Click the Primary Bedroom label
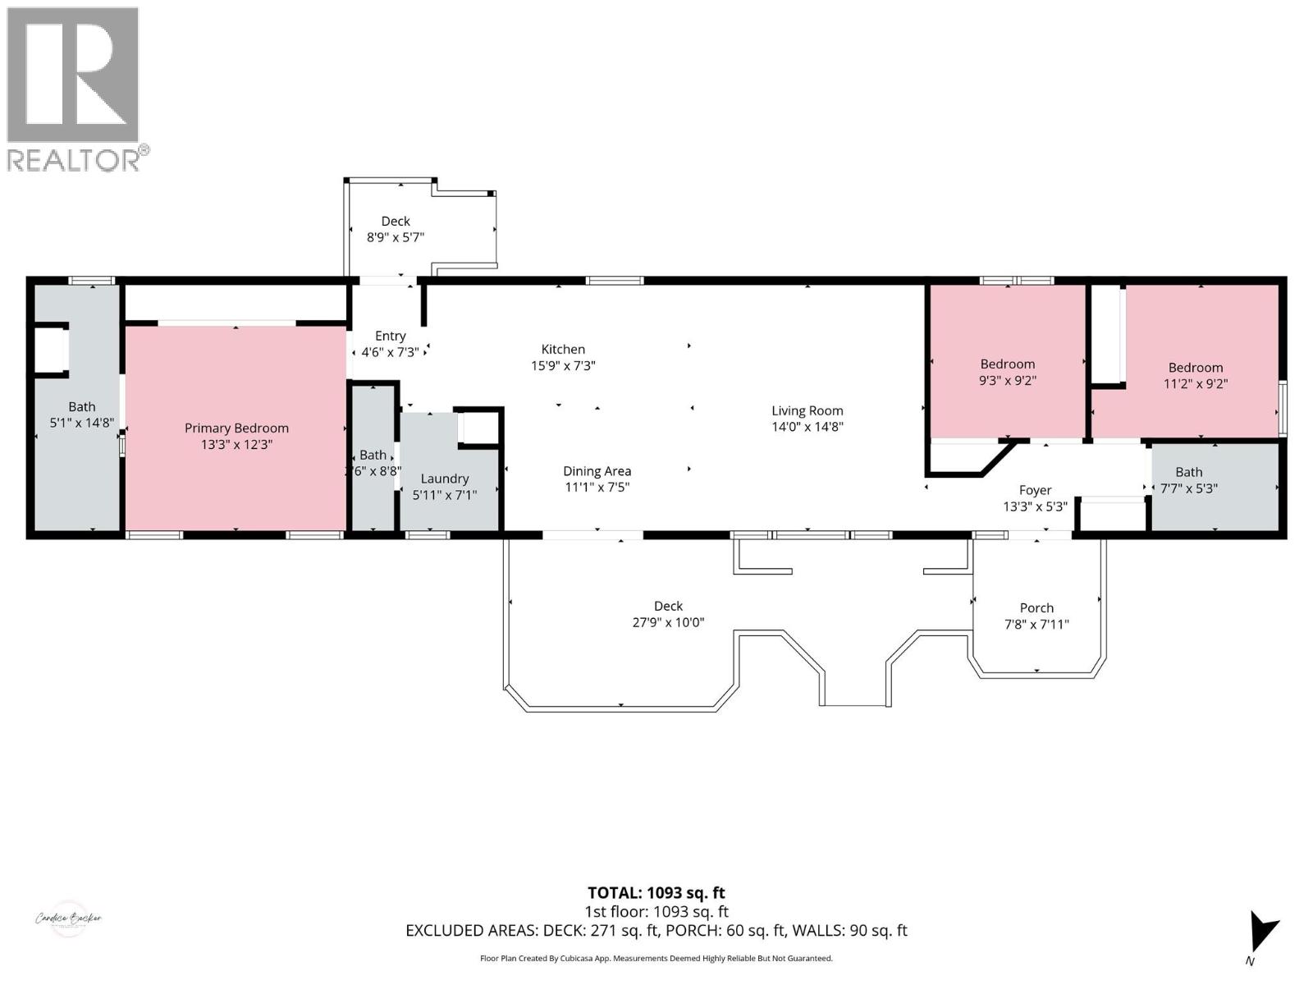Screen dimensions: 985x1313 pos(236,428)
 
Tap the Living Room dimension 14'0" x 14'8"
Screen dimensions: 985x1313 pos(807,427)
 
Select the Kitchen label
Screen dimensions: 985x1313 pos(563,349)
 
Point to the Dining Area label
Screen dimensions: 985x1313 pos(597,471)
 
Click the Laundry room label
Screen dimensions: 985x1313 pos(444,479)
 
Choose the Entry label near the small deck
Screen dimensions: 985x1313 pos(390,336)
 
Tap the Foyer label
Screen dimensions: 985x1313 pos(1035,490)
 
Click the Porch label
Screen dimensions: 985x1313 pos(1036,608)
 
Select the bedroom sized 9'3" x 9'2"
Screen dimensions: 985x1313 pos(1007,372)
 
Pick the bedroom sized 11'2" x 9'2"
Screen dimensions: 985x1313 pos(1196,375)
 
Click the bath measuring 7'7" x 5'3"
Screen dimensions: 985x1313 pos(1188,480)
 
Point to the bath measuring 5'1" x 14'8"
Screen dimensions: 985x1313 pos(81,415)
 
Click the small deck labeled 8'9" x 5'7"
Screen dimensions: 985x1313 pos(395,229)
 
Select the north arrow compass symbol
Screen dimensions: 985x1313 pos(1261,934)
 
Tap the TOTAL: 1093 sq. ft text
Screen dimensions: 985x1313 pos(656,893)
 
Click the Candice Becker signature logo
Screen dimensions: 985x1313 pos(68,919)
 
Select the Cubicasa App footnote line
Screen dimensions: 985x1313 pos(656,958)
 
